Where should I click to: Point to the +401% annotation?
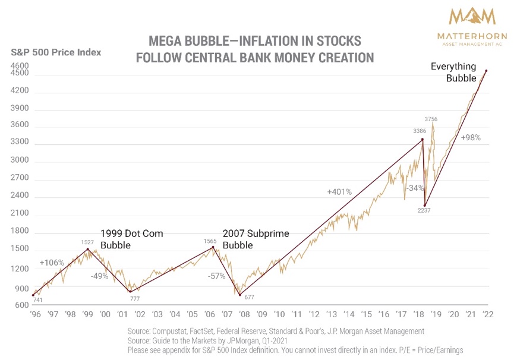[x=339, y=192]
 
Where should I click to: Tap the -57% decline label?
[x=217, y=276]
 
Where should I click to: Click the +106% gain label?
[x=51, y=263]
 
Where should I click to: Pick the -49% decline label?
[x=100, y=276]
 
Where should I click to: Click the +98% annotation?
[x=471, y=137]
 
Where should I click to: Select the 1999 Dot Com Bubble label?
[x=131, y=239]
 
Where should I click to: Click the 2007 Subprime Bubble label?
[x=256, y=239]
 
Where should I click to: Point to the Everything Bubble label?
[x=453, y=72]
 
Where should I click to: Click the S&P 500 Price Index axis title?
[x=56, y=52]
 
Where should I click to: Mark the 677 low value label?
[x=250, y=298]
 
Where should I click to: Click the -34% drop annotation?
[x=414, y=188]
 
